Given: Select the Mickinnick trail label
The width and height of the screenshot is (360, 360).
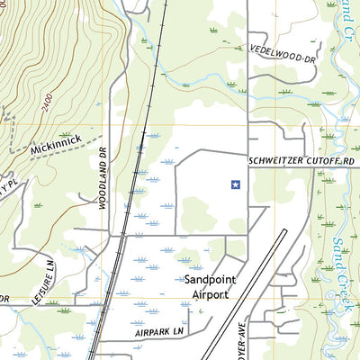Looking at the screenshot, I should point(57,141).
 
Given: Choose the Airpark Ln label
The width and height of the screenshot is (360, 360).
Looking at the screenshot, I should point(159,331).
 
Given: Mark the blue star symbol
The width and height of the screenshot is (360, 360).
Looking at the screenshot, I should point(235,185).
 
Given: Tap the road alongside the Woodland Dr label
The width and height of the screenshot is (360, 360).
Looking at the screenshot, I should point(112,180).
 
